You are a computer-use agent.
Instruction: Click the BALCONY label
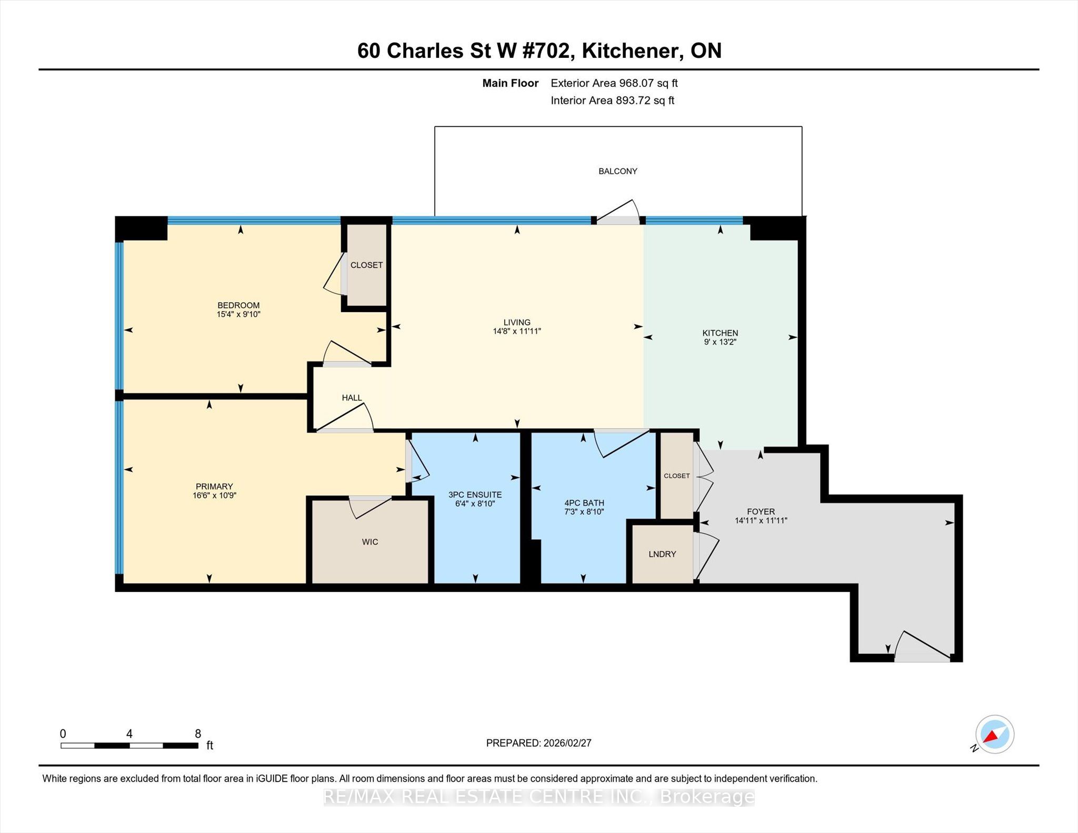click(617, 171)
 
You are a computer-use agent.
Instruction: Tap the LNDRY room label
click(662, 554)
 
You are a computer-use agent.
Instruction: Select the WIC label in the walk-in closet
click(370, 542)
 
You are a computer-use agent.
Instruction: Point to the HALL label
click(352, 398)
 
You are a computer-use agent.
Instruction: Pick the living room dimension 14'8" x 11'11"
click(517, 332)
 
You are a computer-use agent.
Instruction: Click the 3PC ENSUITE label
click(475, 495)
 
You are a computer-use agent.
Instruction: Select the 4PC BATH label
click(584, 503)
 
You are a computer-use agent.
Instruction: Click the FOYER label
click(761, 511)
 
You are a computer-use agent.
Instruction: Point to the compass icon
click(994, 735)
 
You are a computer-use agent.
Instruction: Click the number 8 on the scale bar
click(198, 734)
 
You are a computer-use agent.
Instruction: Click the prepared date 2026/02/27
click(567, 743)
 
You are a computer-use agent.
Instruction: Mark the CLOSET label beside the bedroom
click(366, 265)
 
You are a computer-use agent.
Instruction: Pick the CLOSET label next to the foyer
click(676, 476)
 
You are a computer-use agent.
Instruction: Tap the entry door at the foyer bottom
click(922, 646)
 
